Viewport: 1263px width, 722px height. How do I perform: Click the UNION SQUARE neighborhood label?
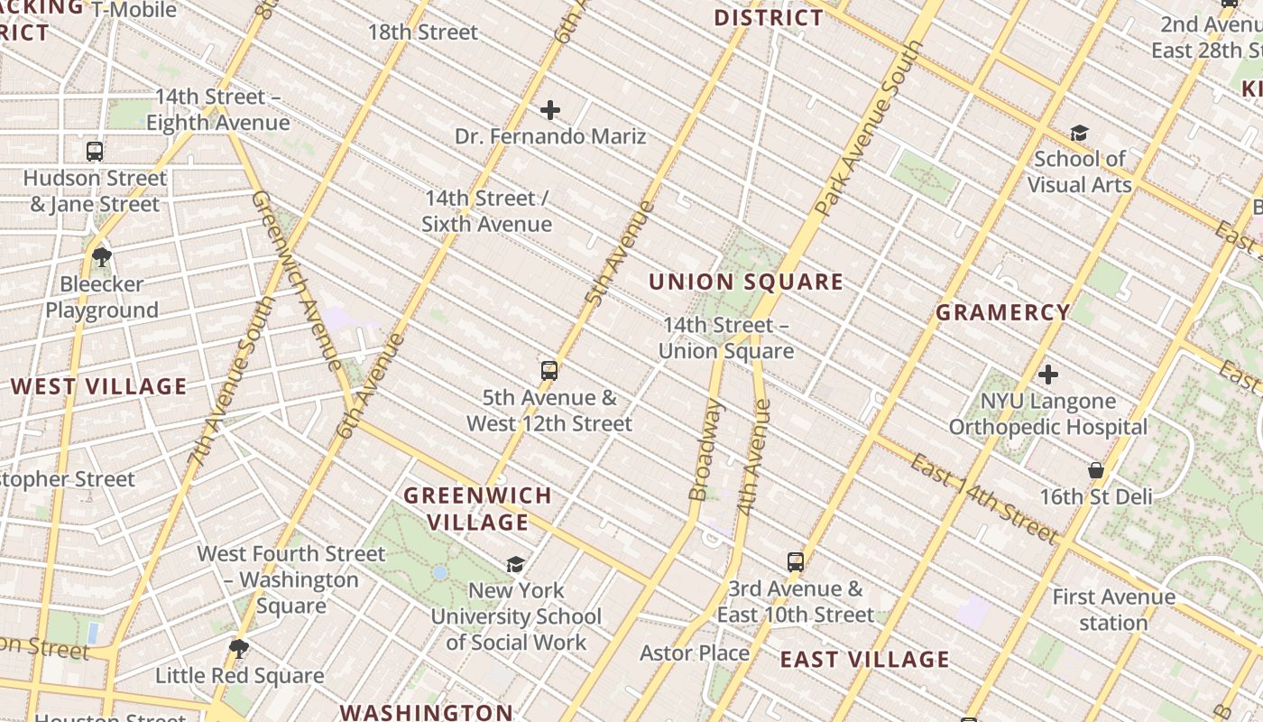click(746, 282)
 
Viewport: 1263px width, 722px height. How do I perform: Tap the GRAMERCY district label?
click(1002, 313)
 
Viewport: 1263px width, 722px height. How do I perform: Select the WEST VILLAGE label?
click(98, 387)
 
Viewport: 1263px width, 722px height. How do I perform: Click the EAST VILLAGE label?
click(864, 660)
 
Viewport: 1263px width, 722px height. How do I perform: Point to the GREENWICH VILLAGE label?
click(477, 509)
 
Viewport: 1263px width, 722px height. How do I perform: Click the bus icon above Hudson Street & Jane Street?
click(95, 152)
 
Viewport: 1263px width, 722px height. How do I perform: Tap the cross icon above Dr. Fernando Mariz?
click(550, 111)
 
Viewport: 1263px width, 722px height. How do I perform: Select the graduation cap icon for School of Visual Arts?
click(1079, 134)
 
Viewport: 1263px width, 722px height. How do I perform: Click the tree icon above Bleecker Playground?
click(102, 257)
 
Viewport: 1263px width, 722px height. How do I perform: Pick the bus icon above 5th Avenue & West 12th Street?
click(549, 371)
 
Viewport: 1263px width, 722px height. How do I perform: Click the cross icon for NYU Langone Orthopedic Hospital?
click(1047, 374)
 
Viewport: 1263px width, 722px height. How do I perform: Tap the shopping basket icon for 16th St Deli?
click(1095, 470)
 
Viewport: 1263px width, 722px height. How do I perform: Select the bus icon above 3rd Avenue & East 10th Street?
click(795, 562)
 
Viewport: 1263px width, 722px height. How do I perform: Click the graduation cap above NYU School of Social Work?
click(515, 564)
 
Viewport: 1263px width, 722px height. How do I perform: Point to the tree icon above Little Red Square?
click(239, 648)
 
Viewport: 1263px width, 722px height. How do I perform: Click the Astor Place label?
click(695, 653)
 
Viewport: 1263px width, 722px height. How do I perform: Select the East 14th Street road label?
click(983, 499)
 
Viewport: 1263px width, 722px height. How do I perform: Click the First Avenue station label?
click(1113, 610)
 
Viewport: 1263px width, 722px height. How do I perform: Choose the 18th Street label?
click(422, 32)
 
